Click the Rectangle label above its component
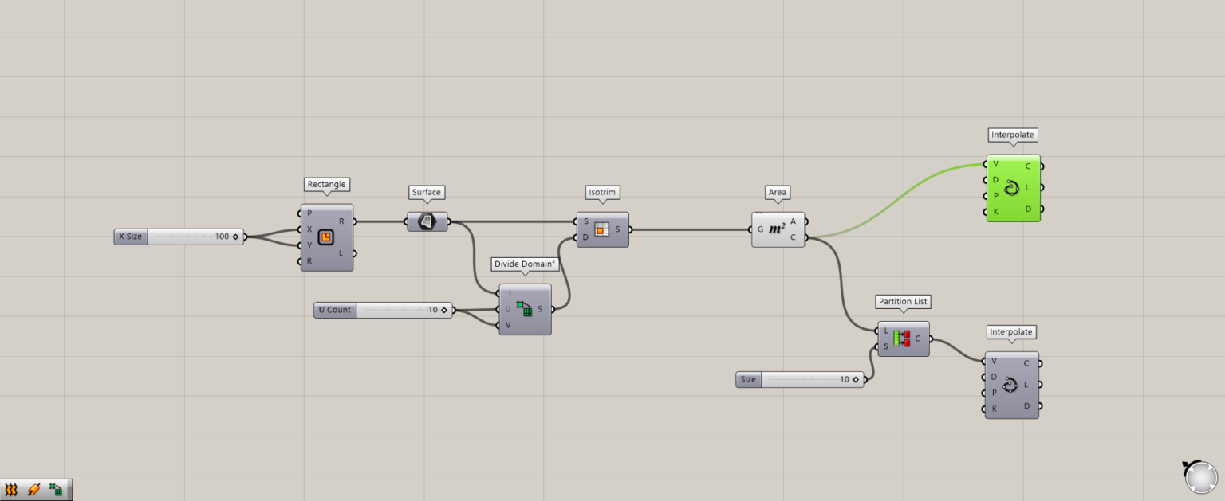(x=327, y=184)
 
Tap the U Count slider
(x=383, y=310)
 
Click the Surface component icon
(x=427, y=221)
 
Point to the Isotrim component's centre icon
(x=602, y=229)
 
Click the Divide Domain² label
(x=525, y=264)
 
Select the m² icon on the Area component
(x=778, y=229)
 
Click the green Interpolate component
(x=1013, y=188)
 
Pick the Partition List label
(x=904, y=302)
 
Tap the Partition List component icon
(x=902, y=339)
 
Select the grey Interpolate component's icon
(x=1010, y=386)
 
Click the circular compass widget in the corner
(x=1201, y=477)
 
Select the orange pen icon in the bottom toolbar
(x=33, y=490)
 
